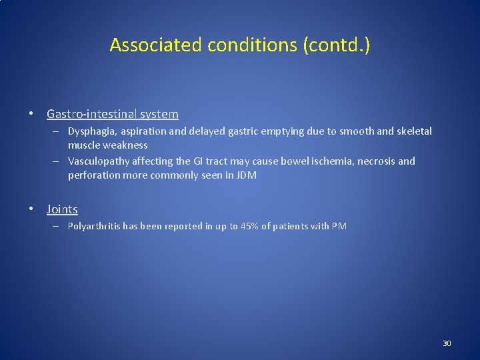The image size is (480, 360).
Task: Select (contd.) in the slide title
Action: point(337,45)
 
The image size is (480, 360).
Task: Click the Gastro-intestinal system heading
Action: point(112,114)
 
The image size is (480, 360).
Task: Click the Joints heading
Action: point(62,209)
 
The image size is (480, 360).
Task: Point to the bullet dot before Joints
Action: point(31,209)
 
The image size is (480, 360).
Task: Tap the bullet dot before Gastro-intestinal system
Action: point(31,114)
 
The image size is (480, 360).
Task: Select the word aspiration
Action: point(144,132)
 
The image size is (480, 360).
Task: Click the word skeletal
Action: point(413,132)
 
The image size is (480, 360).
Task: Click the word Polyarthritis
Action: point(95,227)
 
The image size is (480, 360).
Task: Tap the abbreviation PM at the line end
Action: point(339,227)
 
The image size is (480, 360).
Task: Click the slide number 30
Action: point(447,343)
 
